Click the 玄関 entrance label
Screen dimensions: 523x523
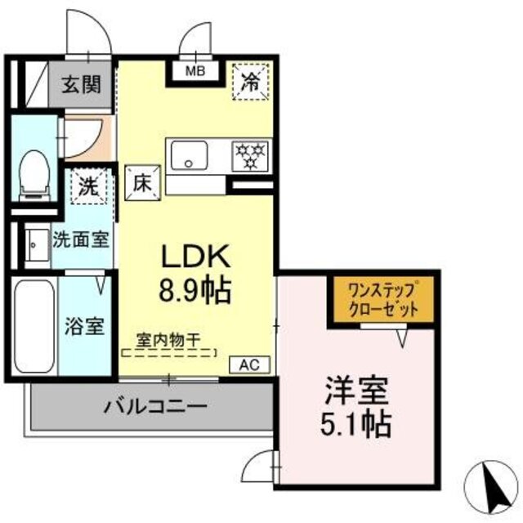click(x=83, y=84)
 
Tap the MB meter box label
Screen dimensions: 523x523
click(x=195, y=72)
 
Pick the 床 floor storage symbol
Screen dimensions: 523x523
click(x=141, y=181)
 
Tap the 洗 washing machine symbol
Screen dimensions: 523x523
click(x=87, y=186)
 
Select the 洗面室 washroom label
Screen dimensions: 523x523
click(x=80, y=240)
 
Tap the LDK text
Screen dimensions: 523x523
click(x=195, y=257)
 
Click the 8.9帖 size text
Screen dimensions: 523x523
click(x=195, y=290)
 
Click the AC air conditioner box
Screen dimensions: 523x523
click(x=249, y=365)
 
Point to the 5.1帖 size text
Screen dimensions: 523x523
click(x=357, y=424)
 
